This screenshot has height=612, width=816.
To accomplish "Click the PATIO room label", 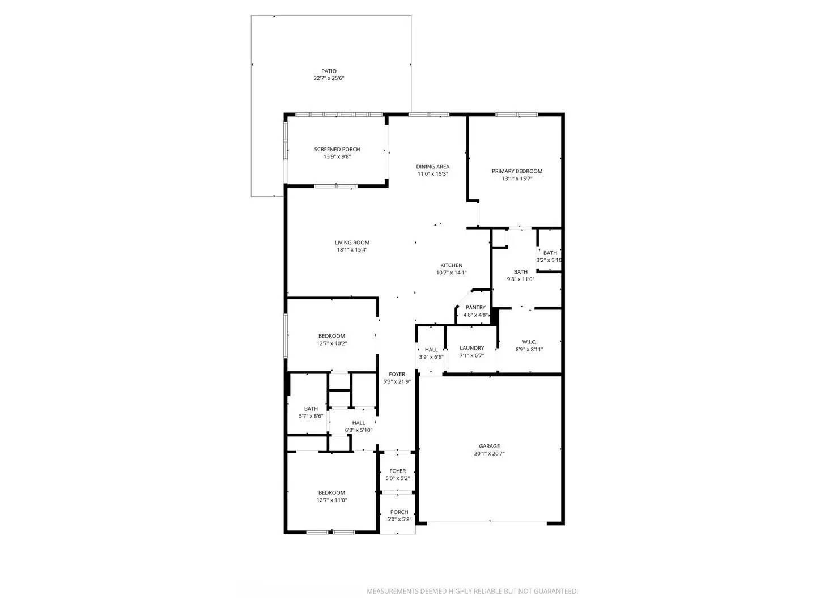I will click(x=329, y=71).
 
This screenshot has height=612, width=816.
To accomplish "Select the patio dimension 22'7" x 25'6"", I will click(x=329, y=78).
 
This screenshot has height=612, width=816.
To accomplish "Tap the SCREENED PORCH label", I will click(x=337, y=150).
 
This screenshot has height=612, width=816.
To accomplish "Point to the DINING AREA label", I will click(x=433, y=167).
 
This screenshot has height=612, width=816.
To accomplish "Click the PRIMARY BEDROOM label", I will click(x=517, y=171).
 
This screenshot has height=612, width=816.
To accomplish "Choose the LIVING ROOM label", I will click(x=352, y=243).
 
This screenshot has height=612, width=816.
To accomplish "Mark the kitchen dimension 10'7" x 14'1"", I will click(x=452, y=273).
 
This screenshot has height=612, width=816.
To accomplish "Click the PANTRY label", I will click(x=475, y=308).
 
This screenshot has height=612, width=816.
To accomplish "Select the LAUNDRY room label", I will click(x=472, y=348).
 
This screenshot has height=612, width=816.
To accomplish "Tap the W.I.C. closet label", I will click(x=529, y=342).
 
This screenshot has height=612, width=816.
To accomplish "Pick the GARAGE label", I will click(x=490, y=446).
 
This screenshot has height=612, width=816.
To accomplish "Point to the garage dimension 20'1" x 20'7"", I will click(x=490, y=453).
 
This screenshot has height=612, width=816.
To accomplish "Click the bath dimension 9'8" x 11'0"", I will click(x=521, y=279).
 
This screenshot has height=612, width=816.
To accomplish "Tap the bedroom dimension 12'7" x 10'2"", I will click(x=331, y=343).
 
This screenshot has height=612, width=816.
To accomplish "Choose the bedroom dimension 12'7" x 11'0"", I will click(x=331, y=500).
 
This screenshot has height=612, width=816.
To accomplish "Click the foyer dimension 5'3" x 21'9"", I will click(x=397, y=381).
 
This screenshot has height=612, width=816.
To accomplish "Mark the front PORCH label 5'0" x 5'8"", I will click(x=399, y=512).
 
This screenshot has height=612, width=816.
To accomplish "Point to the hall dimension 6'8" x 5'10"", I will click(x=359, y=430).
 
